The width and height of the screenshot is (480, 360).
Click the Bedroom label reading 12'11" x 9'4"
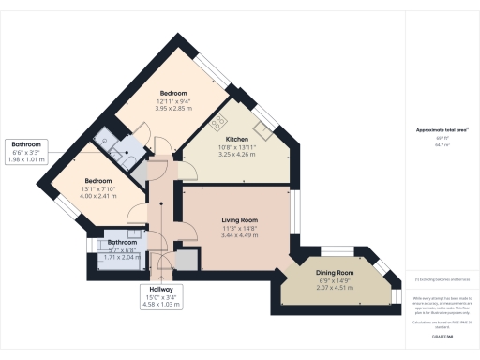(173, 93)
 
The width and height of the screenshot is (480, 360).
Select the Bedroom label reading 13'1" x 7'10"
(98, 180)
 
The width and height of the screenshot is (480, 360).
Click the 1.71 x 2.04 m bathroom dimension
(122, 257)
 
